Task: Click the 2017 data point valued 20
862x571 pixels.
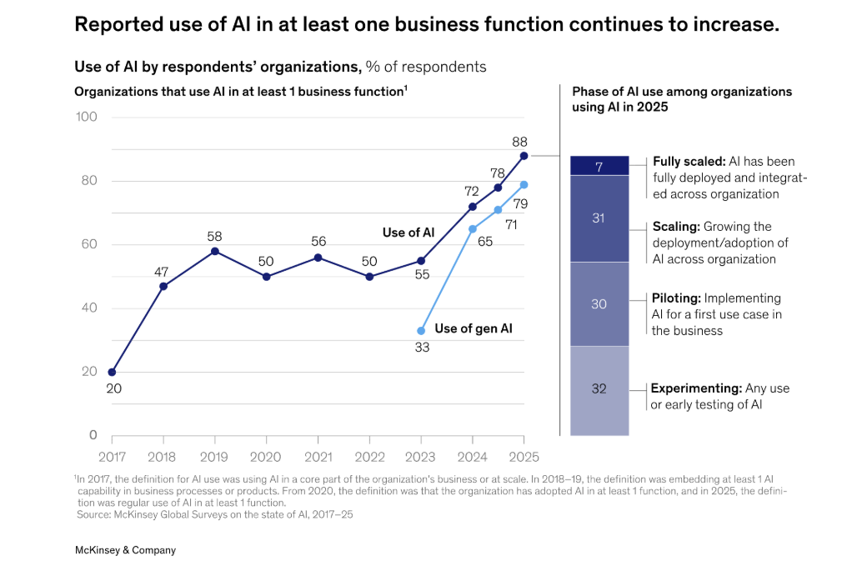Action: click(x=112, y=372)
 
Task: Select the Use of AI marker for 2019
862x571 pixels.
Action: click(x=215, y=251)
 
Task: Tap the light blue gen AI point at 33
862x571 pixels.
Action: click(x=421, y=331)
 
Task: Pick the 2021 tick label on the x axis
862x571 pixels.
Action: click(x=318, y=457)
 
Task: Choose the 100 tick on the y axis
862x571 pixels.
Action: click(x=87, y=117)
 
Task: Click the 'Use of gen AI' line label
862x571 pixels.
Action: click(x=474, y=329)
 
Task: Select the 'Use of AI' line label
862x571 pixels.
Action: click(x=408, y=233)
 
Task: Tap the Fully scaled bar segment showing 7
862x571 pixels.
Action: click(x=599, y=166)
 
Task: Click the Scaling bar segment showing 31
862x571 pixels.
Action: click(x=599, y=218)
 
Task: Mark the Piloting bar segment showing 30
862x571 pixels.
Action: click(x=599, y=304)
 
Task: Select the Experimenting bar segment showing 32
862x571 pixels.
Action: click(x=599, y=388)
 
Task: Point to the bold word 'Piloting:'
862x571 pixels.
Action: click(x=676, y=298)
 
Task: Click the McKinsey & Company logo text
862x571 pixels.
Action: click(x=125, y=550)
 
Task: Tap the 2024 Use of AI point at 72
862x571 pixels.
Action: click(x=473, y=207)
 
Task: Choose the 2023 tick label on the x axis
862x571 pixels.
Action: click(x=421, y=457)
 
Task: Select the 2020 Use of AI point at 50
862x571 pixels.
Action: click(x=267, y=277)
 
